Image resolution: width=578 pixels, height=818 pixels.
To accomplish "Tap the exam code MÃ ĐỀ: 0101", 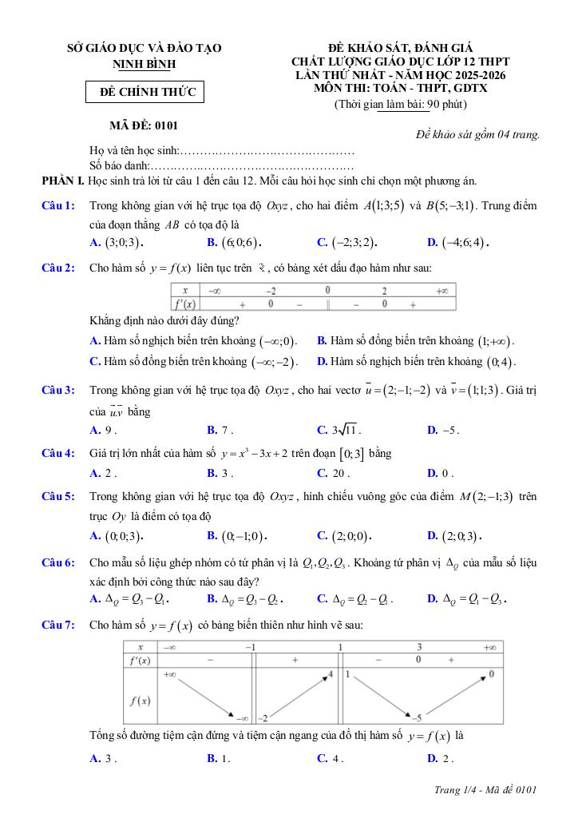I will coord(144,125).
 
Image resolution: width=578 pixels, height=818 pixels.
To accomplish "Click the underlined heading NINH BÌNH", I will coord(144,63).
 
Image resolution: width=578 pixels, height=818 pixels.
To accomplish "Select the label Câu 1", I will coord(58,206).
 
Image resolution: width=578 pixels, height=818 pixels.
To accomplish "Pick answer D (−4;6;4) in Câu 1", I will coord(458,242).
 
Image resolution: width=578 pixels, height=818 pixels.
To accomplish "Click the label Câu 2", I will coord(58,268).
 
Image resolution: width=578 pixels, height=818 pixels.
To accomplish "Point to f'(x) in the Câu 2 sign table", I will coord(184,304).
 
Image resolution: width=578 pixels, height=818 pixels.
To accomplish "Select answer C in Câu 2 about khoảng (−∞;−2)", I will coord(194,362).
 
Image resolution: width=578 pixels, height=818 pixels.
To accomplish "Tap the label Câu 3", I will coord(58,391).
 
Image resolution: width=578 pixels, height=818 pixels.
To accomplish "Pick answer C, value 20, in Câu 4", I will coord(331,473).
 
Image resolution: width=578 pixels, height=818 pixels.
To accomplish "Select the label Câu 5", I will coord(58,497).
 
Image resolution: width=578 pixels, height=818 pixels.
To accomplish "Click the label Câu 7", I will coord(58,625).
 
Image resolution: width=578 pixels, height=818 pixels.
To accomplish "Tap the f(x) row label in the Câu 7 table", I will coord(141,701).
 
